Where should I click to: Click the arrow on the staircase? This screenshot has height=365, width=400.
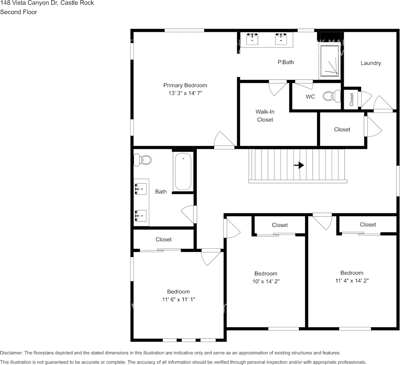pos(299,165)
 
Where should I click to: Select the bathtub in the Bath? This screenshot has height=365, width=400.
pos(183,172)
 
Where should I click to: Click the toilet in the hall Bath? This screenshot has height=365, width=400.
pos(143,159)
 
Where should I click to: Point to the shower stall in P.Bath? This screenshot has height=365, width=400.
pos(330,61)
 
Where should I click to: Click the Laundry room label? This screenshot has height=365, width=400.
pos(371,63)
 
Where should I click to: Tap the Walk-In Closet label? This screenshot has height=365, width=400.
pos(265,116)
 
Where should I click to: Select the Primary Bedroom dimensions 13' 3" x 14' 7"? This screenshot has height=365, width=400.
pos(185,93)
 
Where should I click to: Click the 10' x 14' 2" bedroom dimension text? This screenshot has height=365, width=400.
pos(266,282)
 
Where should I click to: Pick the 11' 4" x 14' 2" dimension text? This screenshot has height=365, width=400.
pos(352,281)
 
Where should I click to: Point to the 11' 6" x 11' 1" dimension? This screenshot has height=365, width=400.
pos(178,299)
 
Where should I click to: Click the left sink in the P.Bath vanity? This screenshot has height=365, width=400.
pos(252,39)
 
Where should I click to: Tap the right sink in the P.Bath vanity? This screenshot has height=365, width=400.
pos(281,39)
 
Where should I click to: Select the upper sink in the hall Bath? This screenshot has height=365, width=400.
pos(141,189)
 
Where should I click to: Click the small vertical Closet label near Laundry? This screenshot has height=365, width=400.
pos(352,100)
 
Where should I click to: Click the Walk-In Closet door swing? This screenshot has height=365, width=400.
pos(277,88)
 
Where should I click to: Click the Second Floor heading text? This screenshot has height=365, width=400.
pos(19,12)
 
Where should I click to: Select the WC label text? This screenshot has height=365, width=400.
pos(310,97)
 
